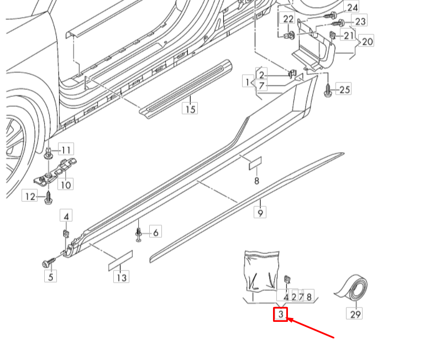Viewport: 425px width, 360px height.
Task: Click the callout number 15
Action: pos(190,109)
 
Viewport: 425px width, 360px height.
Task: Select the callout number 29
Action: pos(355,314)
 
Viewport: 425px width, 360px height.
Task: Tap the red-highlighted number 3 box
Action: pos(281,315)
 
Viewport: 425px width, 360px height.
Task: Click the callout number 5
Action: pos(51,276)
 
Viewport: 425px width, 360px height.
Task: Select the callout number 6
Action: pos(155,233)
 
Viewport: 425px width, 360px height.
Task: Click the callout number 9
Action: pos(260,211)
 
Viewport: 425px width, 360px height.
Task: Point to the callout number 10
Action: pos(66,185)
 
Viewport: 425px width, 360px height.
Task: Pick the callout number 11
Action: pos(66,150)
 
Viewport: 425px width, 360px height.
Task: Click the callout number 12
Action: pos(29,195)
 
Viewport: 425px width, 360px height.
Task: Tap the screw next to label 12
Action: pos(48,196)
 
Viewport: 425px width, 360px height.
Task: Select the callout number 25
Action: pos(344,89)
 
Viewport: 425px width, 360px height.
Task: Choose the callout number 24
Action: pos(352,7)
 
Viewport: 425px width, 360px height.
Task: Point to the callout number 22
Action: pos(288,19)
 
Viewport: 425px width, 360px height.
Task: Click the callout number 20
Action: pos(367,41)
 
